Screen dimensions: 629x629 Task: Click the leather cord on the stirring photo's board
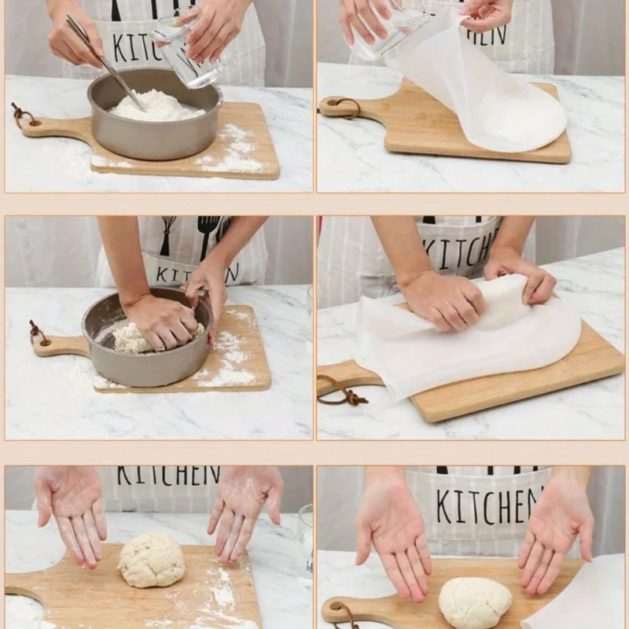tap(22, 116)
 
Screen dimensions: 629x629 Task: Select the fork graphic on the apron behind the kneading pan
tap(207, 235)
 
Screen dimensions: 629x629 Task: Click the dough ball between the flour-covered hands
tap(152, 561)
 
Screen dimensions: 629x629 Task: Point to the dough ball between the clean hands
tap(474, 602)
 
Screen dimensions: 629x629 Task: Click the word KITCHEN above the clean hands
tap(487, 506)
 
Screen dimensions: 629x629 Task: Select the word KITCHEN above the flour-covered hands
tap(168, 476)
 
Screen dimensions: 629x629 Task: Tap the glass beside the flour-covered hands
tap(304, 543)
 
